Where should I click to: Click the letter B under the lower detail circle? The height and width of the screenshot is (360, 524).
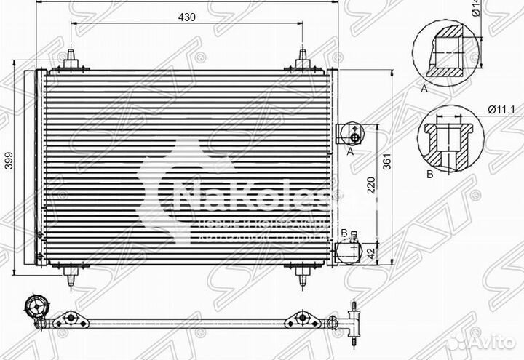pyautogui.click(x=429, y=175)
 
